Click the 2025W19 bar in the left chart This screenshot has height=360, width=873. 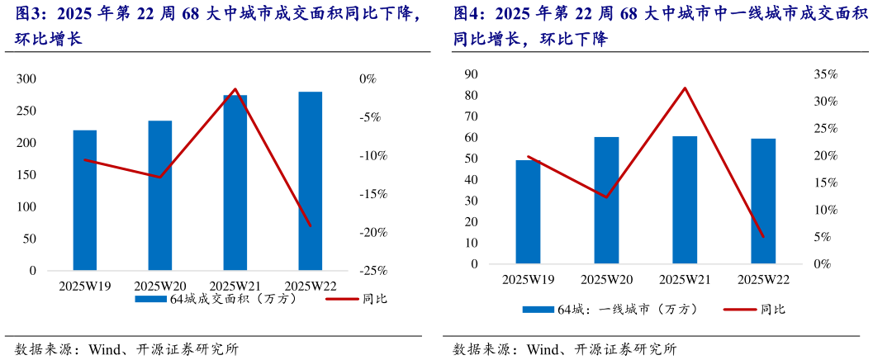click(x=85, y=201)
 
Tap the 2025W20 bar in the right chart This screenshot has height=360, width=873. click(x=607, y=201)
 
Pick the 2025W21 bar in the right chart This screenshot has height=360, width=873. click(x=685, y=200)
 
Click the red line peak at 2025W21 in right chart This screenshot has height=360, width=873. click(x=685, y=88)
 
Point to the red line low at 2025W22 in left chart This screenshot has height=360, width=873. click(x=311, y=225)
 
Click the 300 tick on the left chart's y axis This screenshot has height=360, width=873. click(x=27, y=78)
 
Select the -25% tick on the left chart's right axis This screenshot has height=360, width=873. click(x=363, y=271)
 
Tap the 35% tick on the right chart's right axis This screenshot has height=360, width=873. click(x=825, y=74)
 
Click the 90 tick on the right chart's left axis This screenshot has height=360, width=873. click(x=472, y=74)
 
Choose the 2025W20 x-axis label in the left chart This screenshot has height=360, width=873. click(x=160, y=286)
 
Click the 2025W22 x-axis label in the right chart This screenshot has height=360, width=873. click(x=763, y=280)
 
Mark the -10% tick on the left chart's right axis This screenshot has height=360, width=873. click(x=363, y=155)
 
